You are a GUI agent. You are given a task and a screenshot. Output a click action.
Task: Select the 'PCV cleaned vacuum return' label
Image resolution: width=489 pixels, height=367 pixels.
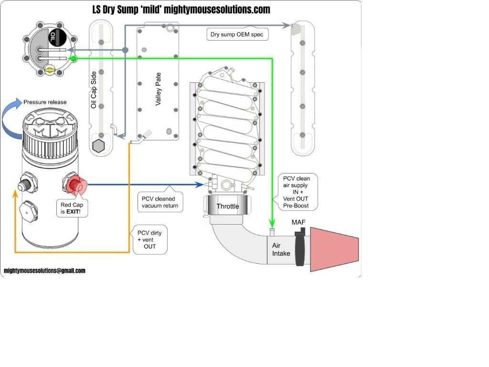pyautogui.click(x=159, y=202)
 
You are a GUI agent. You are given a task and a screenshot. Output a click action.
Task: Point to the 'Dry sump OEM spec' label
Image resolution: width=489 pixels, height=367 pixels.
pyautogui.click(x=237, y=34)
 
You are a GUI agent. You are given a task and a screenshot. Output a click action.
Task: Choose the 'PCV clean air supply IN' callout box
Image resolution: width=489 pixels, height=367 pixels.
pyautogui.click(x=296, y=192)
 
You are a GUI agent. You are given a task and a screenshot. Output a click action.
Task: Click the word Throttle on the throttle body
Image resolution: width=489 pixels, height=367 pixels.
pyautogui.click(x=228, y=206)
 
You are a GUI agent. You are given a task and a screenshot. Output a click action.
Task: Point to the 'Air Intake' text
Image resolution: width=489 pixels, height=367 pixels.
pyautogui.click(x=281, y=249)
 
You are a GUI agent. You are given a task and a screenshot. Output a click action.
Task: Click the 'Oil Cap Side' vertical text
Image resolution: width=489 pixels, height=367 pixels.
pyautogui.click(x=94, y=90)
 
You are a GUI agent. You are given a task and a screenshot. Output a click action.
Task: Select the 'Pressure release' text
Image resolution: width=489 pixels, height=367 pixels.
pyautogui.click(x=45, y=102)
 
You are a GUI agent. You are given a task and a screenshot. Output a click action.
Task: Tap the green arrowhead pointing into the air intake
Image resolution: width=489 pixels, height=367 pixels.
pyautogui.click(x=272, y=224)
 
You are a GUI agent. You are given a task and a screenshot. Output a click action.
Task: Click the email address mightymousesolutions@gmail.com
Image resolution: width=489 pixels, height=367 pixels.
pyautogui.click(x=44, y=270)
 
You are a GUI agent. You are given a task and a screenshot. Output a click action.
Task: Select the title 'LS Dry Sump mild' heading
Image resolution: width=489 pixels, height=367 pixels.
pyautogui.click(x=181, y=10)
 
